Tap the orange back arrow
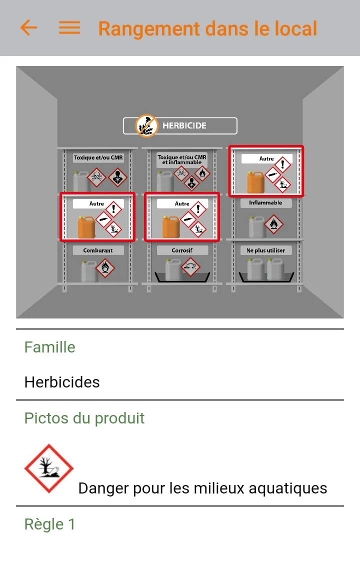(28, 27)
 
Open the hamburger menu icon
(69, 27)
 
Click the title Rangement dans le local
(207, 28)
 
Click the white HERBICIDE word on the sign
(184, 125)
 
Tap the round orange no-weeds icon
(147, 125)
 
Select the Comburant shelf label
(98, 250)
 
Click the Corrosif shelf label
(182, 250)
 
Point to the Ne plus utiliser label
(265, 250)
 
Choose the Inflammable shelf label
(265, 203)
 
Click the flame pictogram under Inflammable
(274, 224)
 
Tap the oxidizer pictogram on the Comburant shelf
(105, 268)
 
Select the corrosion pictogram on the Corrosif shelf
(190, 267)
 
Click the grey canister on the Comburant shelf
(89, 271)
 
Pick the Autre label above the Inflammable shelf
(266, 158)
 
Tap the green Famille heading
(50, 347)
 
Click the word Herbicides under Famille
(62, 382)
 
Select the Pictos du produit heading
(84, 418)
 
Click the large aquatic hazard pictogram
(49, 469)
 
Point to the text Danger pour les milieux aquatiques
(202, 487)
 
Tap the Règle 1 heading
(50, 524)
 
